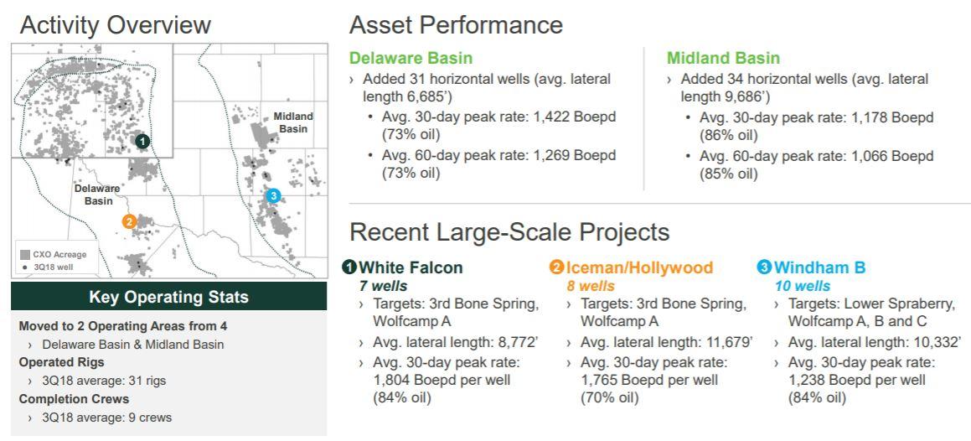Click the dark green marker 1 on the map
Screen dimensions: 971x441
(x=142, y=141)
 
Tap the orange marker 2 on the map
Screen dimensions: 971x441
(x=129, y=221)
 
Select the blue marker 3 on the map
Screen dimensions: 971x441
(x=273, y=196)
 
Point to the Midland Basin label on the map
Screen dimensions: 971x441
(x=293, y=122)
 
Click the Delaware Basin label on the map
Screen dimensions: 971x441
(x=99, y=195)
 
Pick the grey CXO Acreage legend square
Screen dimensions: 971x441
(x=25, y=255)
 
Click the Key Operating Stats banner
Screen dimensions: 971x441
(x=168, y=297)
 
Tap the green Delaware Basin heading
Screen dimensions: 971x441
(x=411, y=58)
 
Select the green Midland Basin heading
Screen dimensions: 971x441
(x=723, y=58)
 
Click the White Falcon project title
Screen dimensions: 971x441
(x=410, y=267)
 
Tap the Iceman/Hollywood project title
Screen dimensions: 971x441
(x=639, y=267)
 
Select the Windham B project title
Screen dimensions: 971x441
(x=819, y=267)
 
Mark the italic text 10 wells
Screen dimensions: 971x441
(x=803, y=286)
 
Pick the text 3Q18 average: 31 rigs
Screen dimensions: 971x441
(x=104, y=381)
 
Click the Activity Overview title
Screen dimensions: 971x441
(x=115, y=25)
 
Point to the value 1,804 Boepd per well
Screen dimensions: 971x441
(x=442, y=380)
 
